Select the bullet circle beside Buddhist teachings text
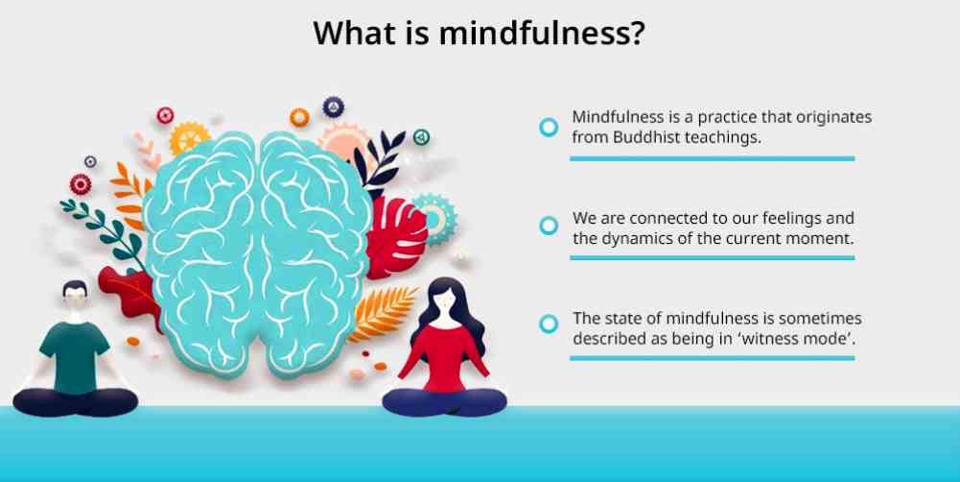tap(549, 127)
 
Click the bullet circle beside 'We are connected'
tap(549, 226)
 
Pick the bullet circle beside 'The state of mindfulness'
tap(549, 324)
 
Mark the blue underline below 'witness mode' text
tap(712, 358)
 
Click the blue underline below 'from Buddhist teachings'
tap(712, 158)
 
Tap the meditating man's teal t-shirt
tap(75, 355)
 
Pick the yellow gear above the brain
tap(189, 137)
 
